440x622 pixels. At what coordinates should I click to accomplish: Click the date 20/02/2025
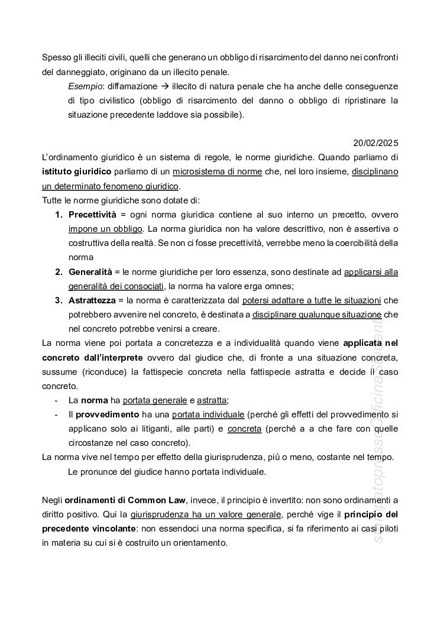tap(376, 143)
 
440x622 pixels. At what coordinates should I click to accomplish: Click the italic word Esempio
tap(83, 86)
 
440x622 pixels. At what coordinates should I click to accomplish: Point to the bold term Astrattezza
tap(92, 300)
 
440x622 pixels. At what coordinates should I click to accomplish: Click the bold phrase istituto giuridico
tap(76, 172)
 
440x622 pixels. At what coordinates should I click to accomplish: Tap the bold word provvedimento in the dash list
tap(103, 414)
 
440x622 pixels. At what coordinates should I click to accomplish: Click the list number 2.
tap(59, 271)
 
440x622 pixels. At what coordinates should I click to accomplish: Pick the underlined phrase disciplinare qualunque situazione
tap(317, 315)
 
